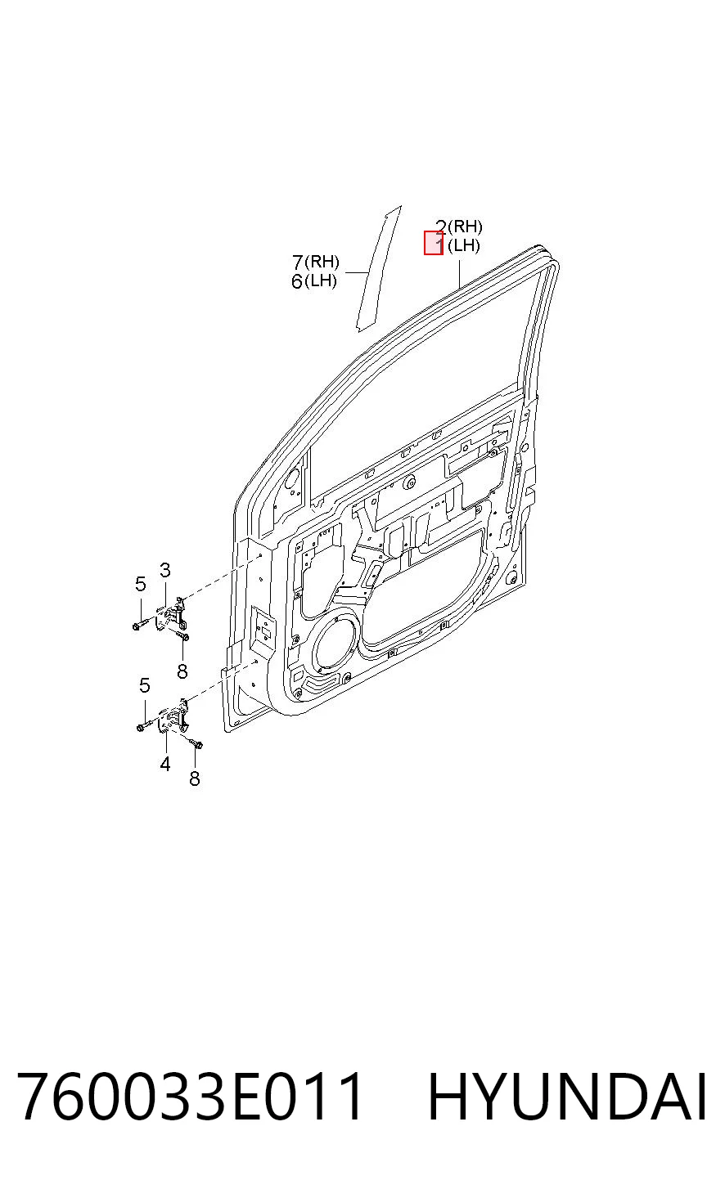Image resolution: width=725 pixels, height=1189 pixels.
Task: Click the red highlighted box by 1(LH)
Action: click(434, 243)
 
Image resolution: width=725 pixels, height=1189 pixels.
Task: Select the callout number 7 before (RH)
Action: click(298, 262)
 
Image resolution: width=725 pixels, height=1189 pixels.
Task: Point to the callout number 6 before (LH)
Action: click(297, 281)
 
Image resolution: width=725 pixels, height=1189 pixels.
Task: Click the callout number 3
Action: click(165, 570)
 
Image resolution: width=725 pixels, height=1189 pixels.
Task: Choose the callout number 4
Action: click(165, 765)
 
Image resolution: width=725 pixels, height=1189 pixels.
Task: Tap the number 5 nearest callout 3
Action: click(140, 584)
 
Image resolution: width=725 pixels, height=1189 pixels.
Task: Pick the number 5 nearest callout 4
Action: click(145, 685)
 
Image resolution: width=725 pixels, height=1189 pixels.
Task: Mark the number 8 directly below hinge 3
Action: click(182, 671)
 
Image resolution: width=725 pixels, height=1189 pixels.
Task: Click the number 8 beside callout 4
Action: click(195, 778)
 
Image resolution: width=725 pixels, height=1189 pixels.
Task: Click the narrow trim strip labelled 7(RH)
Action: click(378, 268)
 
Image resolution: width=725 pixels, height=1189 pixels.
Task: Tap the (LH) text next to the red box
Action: click(464, 246)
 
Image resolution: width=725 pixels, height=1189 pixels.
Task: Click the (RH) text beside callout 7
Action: click(322, 262)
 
